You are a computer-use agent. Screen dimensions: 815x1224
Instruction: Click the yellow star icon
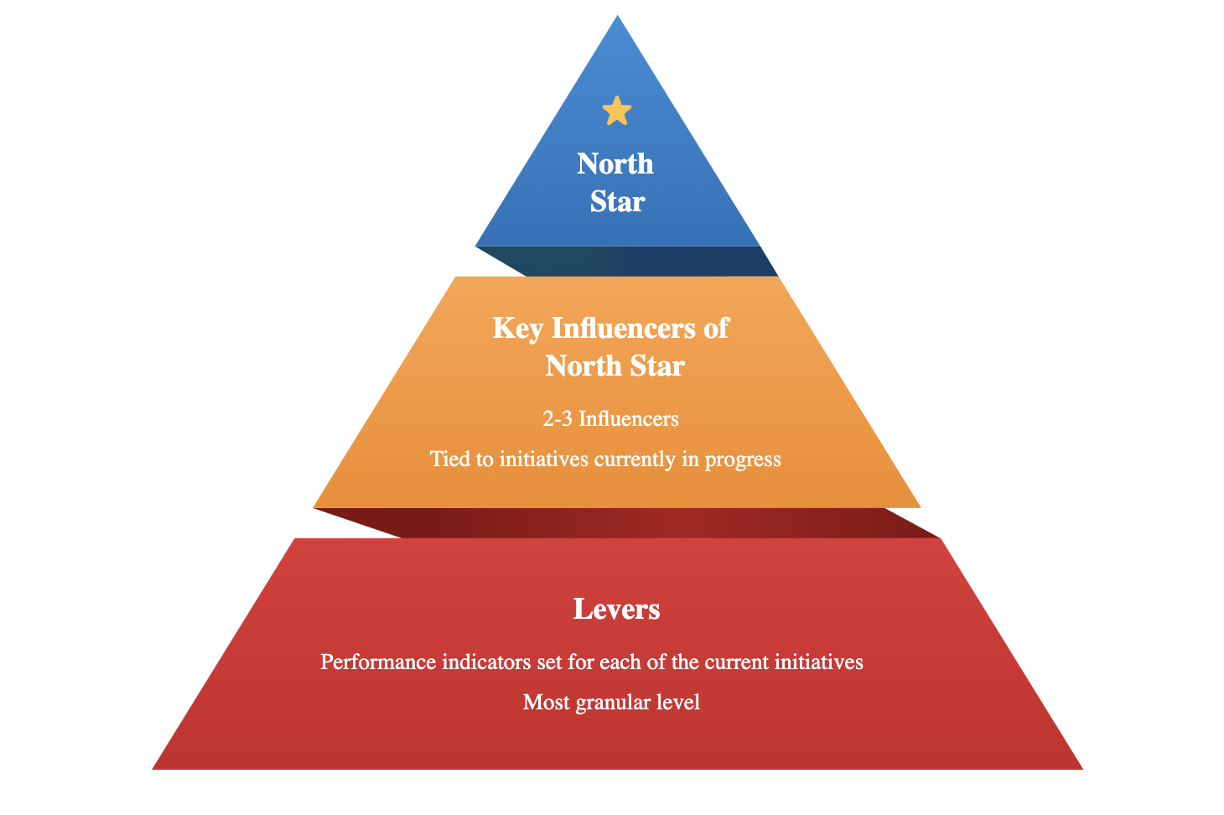pos(617,112)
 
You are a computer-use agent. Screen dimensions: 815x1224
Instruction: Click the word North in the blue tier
pos(615,164)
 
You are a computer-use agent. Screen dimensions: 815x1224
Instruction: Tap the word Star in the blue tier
pos(617,202)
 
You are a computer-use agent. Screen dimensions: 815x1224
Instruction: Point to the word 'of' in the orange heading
pos(716,328)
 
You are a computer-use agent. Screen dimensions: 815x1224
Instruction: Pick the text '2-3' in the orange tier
pos(558,418)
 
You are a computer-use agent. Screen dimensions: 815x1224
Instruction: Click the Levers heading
pos(616,609)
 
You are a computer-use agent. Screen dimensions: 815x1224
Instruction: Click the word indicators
pos(486,662)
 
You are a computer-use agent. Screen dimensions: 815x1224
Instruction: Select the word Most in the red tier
pos(547,703)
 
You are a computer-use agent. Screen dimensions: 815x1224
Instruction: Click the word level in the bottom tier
pos(677,703)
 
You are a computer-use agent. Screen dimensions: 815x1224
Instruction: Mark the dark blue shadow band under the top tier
pos(637,261)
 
